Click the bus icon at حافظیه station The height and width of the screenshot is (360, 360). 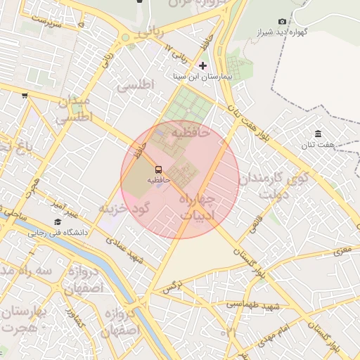click(158, 169)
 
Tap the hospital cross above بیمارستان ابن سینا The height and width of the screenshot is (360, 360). click(203, 65)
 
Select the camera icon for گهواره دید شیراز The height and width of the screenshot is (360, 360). click(282, 22)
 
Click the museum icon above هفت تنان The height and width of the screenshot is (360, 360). click(319, 134)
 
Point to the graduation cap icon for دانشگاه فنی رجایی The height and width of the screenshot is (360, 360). click(58, 221)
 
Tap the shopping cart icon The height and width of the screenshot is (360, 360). click(25, 95)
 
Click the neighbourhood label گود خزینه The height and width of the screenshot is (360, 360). click(125, 209)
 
